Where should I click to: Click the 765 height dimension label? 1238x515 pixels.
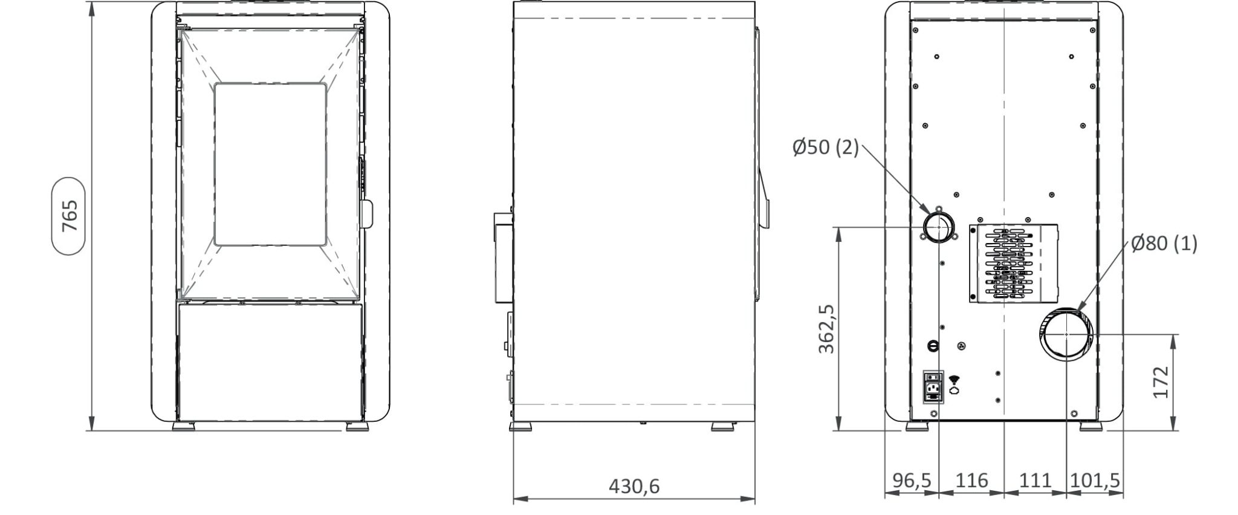70,216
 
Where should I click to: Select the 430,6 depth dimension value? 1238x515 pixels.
634,486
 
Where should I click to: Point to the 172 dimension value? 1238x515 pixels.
1161,382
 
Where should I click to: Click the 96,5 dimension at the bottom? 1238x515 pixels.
912,481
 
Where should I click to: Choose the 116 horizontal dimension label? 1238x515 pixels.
971,481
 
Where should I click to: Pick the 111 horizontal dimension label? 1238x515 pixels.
1035,481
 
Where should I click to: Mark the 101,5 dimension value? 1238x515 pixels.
1095,481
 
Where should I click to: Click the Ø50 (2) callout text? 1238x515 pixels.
826,147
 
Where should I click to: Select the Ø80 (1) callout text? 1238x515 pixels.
1164,244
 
